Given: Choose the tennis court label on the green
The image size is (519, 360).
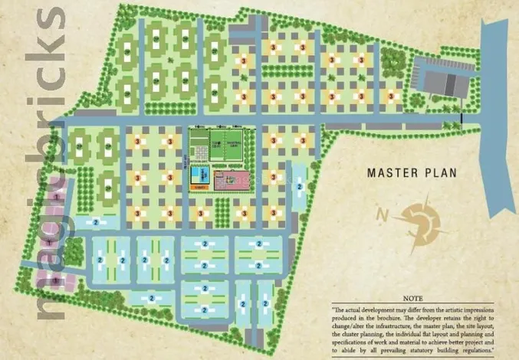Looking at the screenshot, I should point(217,144).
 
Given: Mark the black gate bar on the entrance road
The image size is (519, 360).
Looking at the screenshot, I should point(463,118).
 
